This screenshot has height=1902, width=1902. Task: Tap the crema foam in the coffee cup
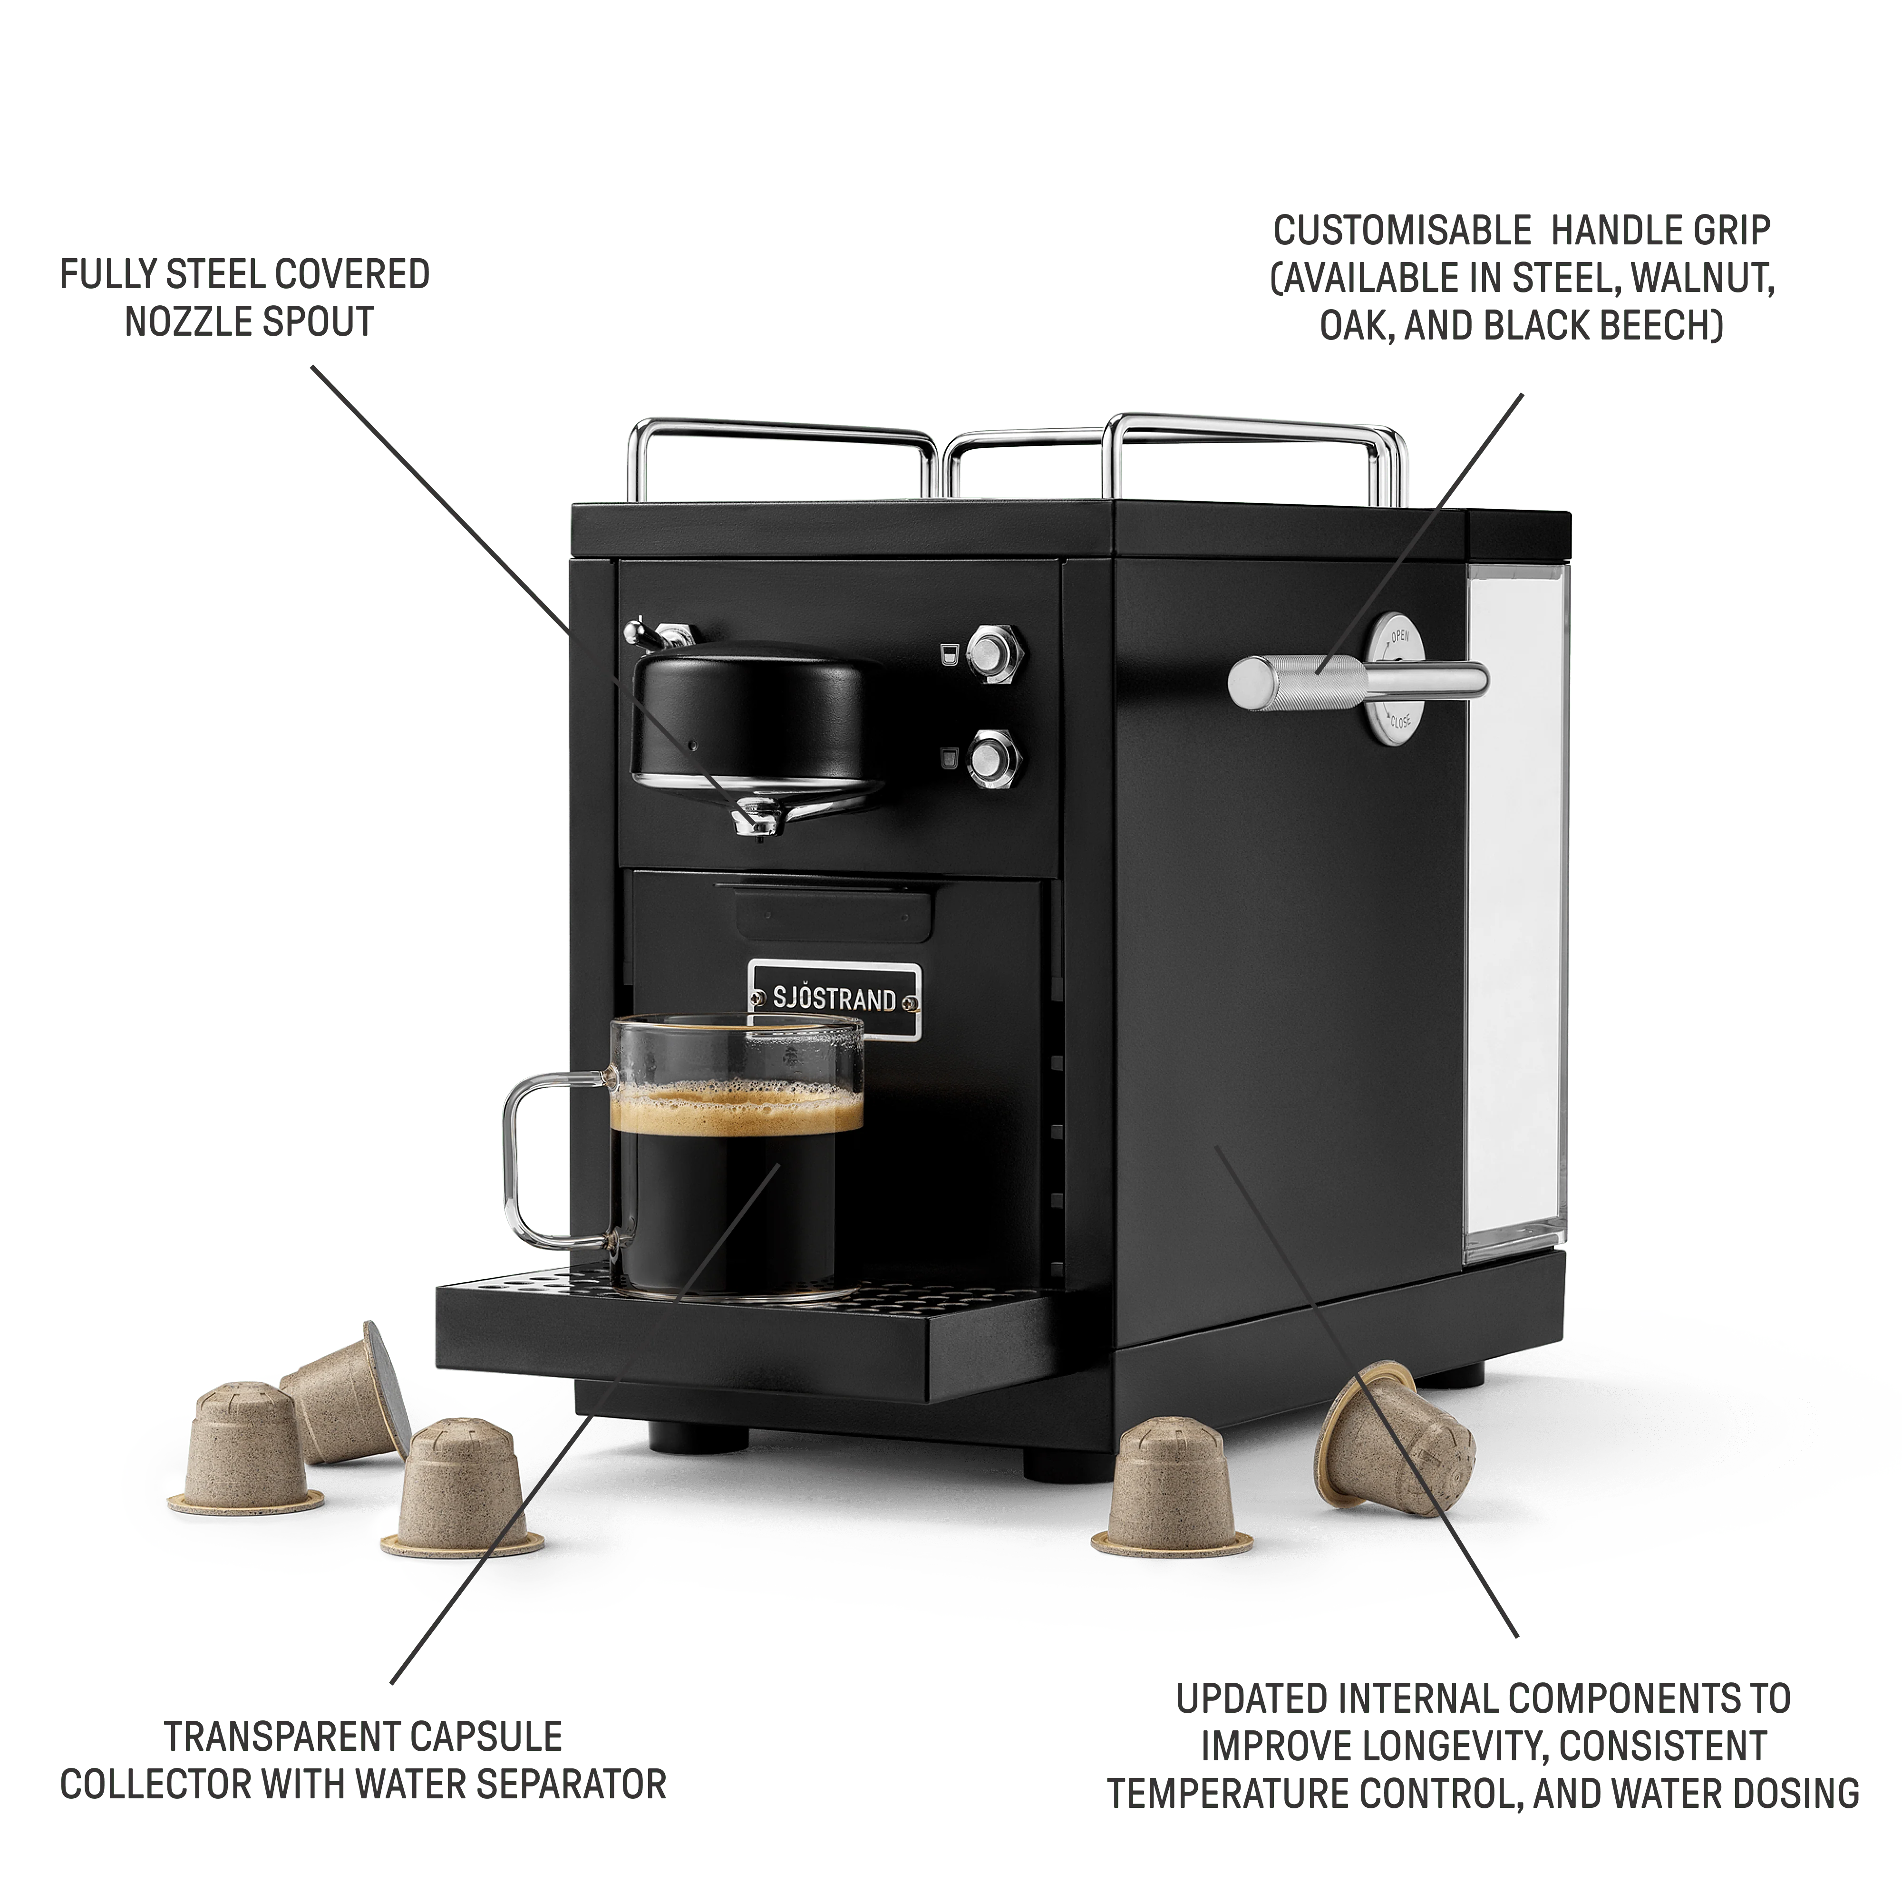[x=737, y=1110]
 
